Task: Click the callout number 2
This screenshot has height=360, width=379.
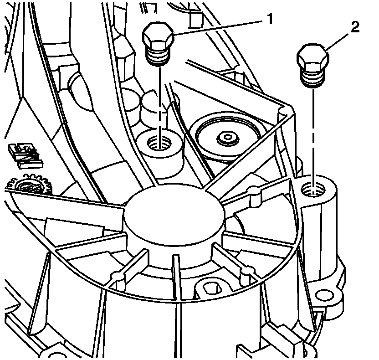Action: [355, 27]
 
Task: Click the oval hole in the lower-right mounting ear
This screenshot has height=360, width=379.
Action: [325, 296]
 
